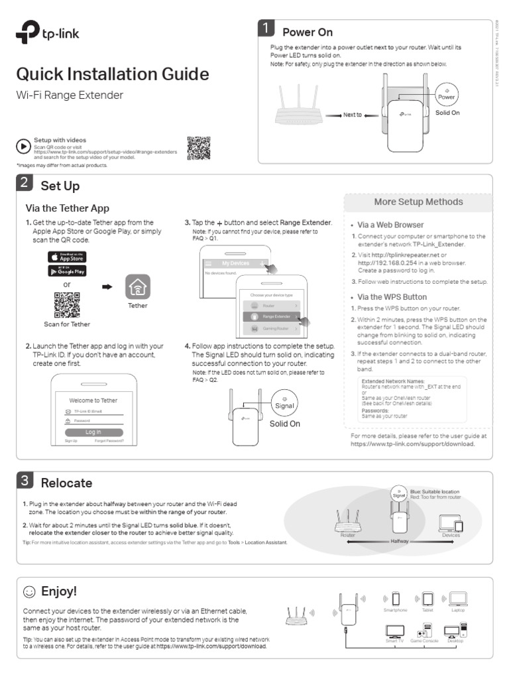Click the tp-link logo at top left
click(48, 36)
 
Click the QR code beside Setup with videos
click(198, 148)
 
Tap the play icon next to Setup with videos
click(24, 147)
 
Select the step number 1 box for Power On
click(266, 29)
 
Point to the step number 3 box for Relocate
click(24, 480)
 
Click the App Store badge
click(67, 257)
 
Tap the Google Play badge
click(67, 271)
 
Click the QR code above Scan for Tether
click(67, 304)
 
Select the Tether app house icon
click(138, 287)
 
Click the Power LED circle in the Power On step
click(447, 94)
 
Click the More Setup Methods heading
click(418, 202)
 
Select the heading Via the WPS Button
click(392, 297)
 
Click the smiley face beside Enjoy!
click(29, 591)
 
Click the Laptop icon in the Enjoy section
click(458, 599)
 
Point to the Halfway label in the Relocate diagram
click(400, 541)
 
